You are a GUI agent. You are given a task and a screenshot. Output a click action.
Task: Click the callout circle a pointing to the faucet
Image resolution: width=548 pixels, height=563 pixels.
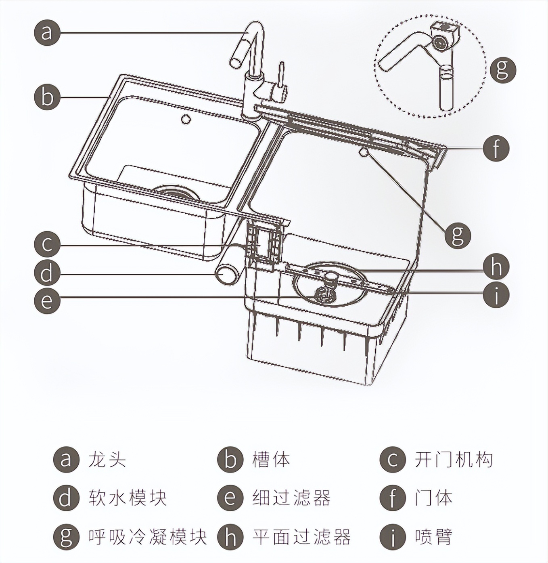pos(47,33)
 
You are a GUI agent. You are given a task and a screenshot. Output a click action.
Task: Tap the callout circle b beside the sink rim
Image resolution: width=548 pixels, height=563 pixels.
pos(47,97)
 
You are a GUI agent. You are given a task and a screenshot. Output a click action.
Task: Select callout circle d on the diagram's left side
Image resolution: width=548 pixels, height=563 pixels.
pos(47,273)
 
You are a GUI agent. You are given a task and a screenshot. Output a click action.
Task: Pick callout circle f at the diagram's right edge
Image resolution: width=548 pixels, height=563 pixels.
pos(496,148)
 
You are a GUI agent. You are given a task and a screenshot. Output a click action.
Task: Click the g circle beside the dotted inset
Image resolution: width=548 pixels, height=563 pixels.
pos(503,69)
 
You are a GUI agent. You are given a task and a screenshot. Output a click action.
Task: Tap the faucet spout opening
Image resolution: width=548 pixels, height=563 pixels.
pos(235,62)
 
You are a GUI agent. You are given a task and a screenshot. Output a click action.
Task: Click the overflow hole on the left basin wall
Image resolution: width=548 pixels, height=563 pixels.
pos(186,119)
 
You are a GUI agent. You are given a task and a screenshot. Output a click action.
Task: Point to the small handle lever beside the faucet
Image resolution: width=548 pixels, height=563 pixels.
pos(281,75)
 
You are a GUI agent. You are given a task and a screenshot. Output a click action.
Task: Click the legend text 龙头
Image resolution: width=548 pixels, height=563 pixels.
pos(107,460)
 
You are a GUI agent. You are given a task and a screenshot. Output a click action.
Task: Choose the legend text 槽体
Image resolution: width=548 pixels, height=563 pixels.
pos(271,460)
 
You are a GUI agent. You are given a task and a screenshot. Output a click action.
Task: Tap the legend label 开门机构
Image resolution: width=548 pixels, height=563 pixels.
pos(454,460)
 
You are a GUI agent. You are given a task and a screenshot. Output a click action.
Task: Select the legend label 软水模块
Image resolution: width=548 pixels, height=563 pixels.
pos(128,498)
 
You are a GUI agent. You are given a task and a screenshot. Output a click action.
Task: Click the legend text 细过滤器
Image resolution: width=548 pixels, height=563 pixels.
pos(291,498)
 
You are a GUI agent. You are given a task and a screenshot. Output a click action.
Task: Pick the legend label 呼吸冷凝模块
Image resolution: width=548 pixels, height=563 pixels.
pos(148,537)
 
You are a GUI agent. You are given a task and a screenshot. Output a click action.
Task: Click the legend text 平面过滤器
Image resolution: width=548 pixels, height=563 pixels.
pos(301,537)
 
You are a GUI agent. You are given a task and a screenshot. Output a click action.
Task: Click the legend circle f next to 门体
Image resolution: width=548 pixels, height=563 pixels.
pos(393,498)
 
